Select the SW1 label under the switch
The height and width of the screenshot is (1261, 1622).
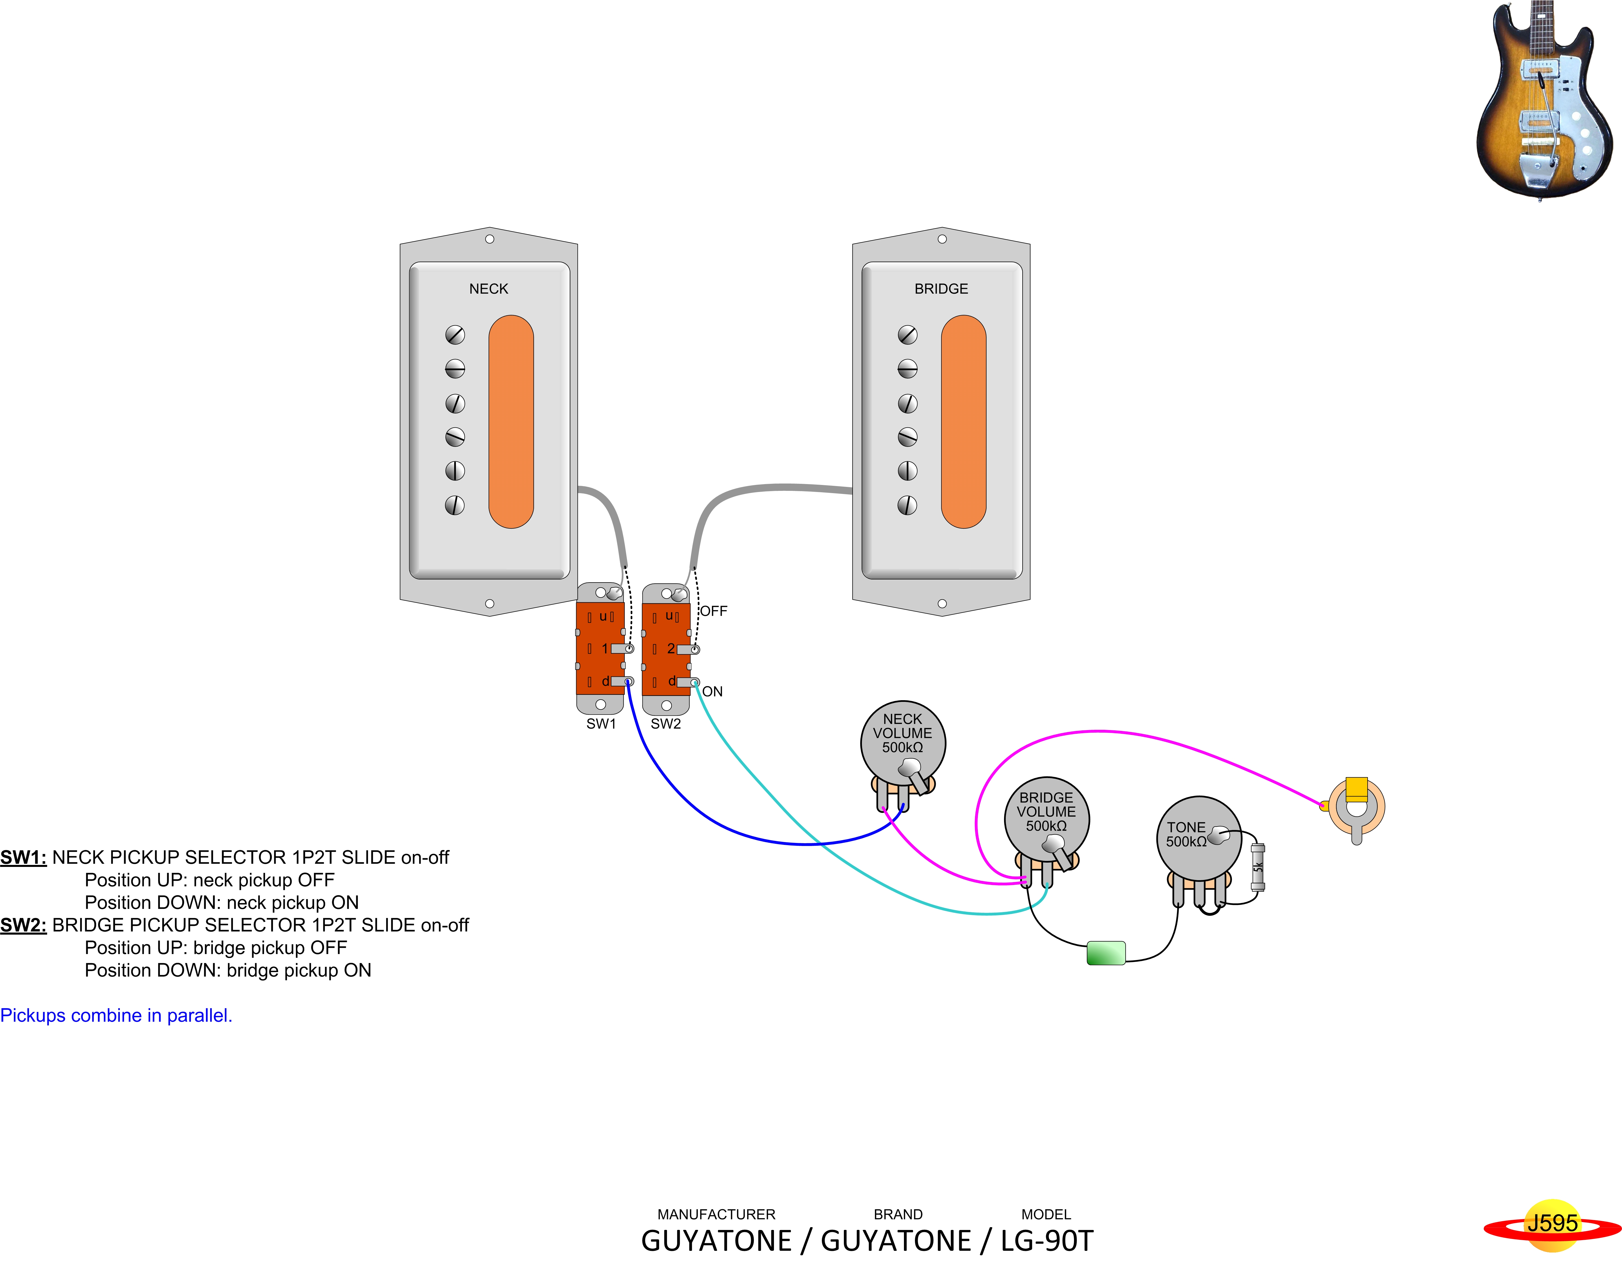[x=601, y=724]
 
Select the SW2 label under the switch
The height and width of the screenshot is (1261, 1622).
[x=665, y=724]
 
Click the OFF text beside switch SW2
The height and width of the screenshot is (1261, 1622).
[x=714, y=611]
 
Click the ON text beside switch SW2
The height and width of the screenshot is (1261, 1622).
[x=712, y=691]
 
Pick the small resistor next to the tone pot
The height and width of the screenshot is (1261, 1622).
[x=1257, y=867]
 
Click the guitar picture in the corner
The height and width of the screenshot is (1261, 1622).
[x=1543, y=100]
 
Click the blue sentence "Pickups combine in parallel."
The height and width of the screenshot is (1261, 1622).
[x=116, y=1015]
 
